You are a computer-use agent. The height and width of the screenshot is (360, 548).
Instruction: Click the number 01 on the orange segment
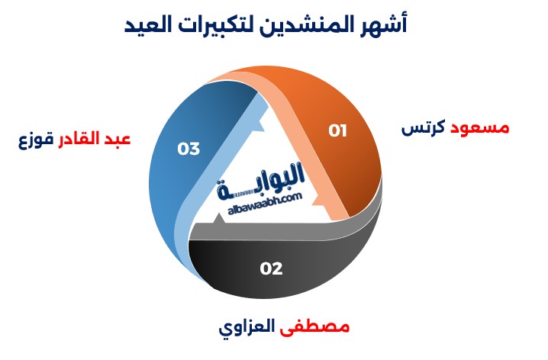pyautogui.click(x=337, y=130)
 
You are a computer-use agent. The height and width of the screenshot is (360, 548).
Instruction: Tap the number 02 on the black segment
pyautogui.click(x=271, y=268)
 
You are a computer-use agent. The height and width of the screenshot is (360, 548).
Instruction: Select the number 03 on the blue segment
pyautogui.click(x=189, y=149)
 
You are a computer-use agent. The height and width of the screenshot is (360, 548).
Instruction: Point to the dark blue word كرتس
pyautogui.click(x=424, y=128)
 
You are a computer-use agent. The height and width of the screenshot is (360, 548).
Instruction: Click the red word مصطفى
pyautogui.click(x=314, y=327)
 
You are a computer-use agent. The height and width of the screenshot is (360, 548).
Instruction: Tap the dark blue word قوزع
pyautogui.click(x=36, y=140)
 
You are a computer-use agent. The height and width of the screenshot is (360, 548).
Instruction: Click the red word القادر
pyautogui.click(x=79, y=138)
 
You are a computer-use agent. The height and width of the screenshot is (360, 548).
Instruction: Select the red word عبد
pyautogui.click(x=117, y=139)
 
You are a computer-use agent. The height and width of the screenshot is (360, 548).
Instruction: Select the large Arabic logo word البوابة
pyautogui.click(x=260, y=182)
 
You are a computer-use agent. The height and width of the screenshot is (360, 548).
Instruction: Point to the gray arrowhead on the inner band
pyautogui.click(x=219, y=220)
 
